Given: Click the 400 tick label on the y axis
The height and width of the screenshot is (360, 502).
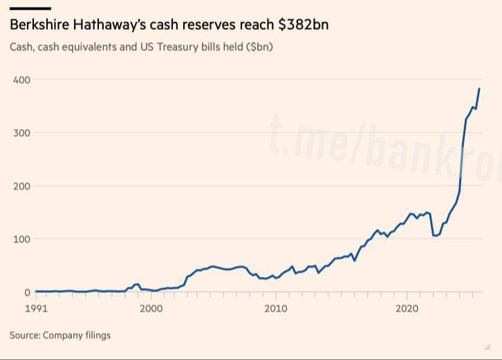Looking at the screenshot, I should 21,79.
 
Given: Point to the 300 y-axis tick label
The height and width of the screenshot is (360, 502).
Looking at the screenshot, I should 21,133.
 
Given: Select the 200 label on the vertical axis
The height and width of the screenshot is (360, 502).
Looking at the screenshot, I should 21,186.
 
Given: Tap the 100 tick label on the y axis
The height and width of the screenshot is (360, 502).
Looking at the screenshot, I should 21,239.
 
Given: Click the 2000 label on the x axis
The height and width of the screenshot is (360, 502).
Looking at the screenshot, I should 151,307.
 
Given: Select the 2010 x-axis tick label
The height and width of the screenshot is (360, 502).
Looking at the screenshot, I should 276,307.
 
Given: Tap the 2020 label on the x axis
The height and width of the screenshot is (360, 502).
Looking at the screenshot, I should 407,307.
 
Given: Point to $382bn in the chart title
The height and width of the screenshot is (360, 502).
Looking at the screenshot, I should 303,26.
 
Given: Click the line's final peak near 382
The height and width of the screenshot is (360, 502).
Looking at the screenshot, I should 479,88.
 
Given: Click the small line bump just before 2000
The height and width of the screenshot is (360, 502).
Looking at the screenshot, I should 137,284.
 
